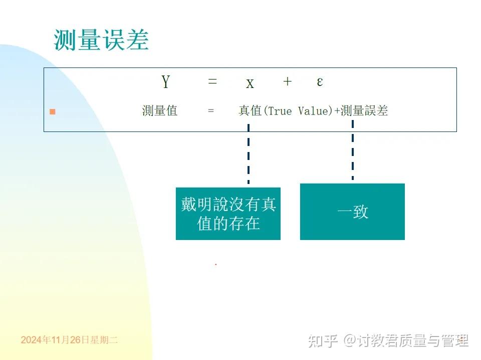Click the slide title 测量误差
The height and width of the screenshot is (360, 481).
pos(101,40)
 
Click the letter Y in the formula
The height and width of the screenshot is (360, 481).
pos(165,81)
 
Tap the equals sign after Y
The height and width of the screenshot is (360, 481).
pos(212,81)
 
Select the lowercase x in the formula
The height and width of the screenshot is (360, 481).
pos(250,83)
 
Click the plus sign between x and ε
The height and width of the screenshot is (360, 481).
pos(287,81)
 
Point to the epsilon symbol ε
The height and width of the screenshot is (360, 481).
pos(320,82)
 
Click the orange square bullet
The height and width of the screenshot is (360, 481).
pos(52,111)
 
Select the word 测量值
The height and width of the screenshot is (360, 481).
pos(159,110)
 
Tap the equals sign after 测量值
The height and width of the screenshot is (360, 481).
pos(211,111)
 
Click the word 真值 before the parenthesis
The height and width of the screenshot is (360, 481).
pos(250,110)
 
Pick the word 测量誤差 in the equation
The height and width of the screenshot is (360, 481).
pos(364,110)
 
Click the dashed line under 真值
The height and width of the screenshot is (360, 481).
pos(249,154)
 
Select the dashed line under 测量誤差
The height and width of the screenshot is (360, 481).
pos(353,150)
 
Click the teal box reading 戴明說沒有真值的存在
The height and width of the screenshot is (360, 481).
pos(228,213)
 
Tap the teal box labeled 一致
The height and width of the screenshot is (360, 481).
pos(352,211)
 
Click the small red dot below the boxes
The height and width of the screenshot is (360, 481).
pos(215,264)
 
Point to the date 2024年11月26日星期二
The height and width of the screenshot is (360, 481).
pos(69,340)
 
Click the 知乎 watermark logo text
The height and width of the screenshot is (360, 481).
pos(322,341)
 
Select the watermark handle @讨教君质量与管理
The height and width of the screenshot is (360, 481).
pos(406,341)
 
